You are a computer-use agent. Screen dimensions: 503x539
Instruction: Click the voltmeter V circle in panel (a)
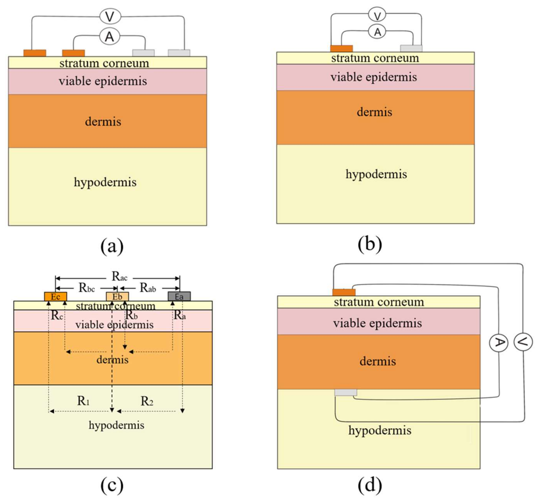(110, 16)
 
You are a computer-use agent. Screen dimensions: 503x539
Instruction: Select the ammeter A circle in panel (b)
(377, 32)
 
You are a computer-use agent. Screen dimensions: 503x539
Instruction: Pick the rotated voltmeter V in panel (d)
(523, 342)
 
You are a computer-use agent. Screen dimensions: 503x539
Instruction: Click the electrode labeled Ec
(55, 296)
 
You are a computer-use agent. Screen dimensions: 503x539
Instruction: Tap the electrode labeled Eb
(117, 296)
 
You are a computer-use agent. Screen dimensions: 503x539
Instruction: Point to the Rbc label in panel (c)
(87, 288)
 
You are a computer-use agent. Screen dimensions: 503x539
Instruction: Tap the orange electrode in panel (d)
(344, 292)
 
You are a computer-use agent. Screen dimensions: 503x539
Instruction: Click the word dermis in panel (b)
(374, 112)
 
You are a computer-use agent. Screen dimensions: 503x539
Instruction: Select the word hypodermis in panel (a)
(105, 182)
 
